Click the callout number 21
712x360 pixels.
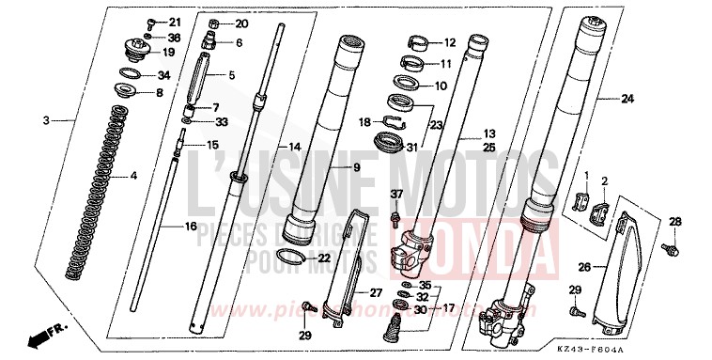coord(175,22)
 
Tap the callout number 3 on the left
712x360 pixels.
coord(44,121)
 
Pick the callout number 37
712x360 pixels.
coord(395,196)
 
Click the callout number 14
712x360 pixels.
coord(294,148)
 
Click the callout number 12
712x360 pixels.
coord(448,42)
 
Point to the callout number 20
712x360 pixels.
coord(242,23)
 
